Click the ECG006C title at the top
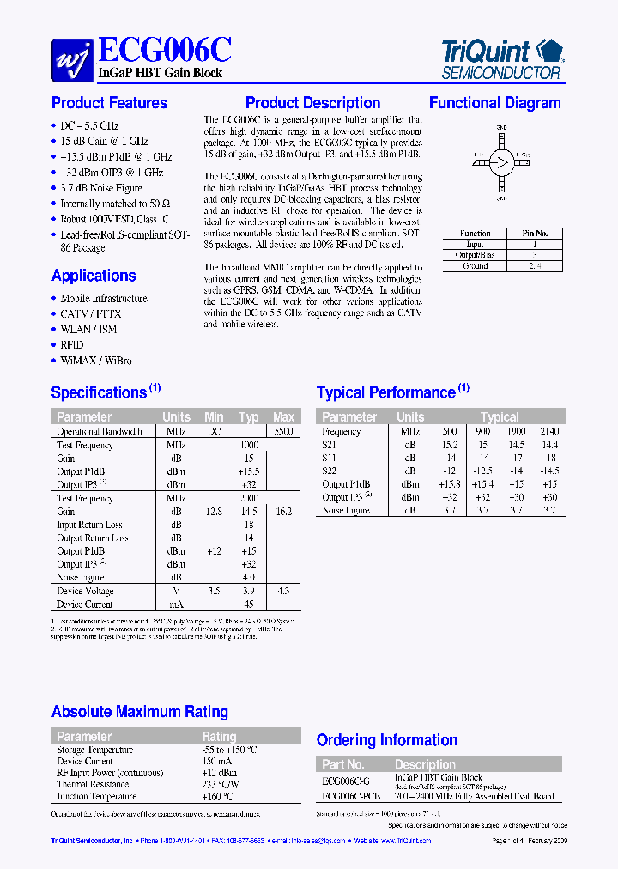166,48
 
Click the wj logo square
73,58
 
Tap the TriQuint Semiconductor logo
501,58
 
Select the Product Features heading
109,103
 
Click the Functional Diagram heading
494,103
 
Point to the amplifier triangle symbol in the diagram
502,161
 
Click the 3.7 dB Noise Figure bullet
100,188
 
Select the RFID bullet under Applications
72,345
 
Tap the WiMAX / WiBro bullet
96,361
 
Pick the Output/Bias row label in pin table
475,255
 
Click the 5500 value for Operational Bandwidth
283,432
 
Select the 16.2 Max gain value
283,512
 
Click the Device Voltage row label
85,592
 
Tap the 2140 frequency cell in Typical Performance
549,432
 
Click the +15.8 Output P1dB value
449,484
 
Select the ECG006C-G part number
346,781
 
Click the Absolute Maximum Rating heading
140,712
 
